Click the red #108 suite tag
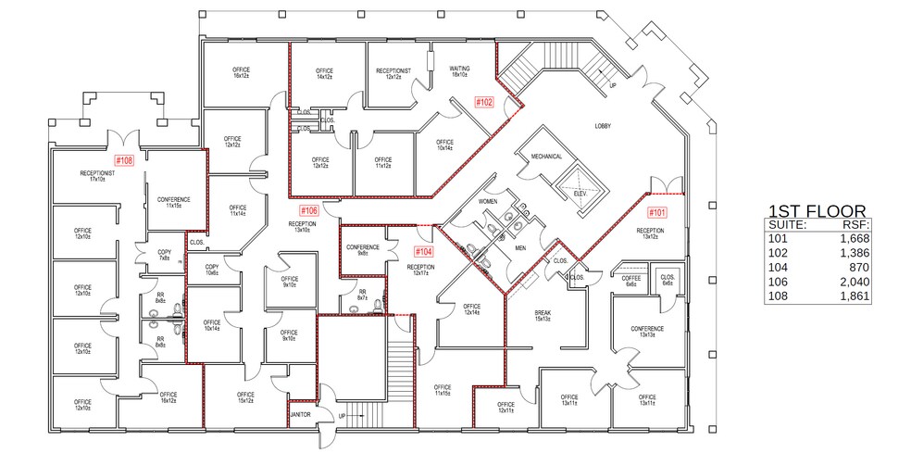(125, 160)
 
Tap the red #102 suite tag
(484, 102)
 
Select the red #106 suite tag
(309, 210)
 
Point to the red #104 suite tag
(423, 251)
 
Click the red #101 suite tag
(655, 212)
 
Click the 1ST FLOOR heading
(817, 211)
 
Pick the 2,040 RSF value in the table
(854, 283)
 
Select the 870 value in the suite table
(859, 268)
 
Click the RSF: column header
(855, 224)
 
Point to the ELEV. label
(580, 193)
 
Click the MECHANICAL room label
(546, 157)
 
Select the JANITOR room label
(300, 414)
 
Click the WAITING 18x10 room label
(460, 71)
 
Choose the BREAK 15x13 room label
(543, 316)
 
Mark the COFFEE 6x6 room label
(631, 281)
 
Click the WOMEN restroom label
(489, 201)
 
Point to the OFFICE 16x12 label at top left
(243, 72)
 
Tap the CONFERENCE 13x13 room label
(647, 331)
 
